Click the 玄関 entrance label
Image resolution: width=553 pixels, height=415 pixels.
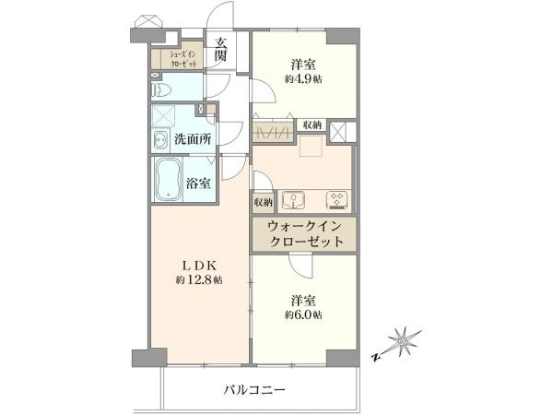[221, 49]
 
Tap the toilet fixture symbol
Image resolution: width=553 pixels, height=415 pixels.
[160, 89]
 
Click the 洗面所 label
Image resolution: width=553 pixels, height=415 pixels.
[193, 139]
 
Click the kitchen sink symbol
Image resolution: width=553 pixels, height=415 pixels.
[293, 200]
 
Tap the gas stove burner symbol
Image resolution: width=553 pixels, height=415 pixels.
[337, 200]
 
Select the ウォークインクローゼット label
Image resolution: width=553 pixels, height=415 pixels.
[305, 234]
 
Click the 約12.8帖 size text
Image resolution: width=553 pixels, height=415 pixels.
[199, 280]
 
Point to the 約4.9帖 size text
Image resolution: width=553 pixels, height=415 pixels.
[303, 79]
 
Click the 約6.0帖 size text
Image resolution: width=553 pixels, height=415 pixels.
[303, 314]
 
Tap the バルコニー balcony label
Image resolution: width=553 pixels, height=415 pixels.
[254, 390]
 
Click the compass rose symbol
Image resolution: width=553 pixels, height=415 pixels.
[403, 342]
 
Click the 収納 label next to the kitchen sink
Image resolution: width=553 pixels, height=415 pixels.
[263, 202]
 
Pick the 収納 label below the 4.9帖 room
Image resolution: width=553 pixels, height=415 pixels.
[312, 125]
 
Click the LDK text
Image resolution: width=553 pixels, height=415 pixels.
[199, 265]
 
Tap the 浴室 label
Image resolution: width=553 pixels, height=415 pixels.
[198, 184]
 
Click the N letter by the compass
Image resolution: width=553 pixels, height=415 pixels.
[376, 357]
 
